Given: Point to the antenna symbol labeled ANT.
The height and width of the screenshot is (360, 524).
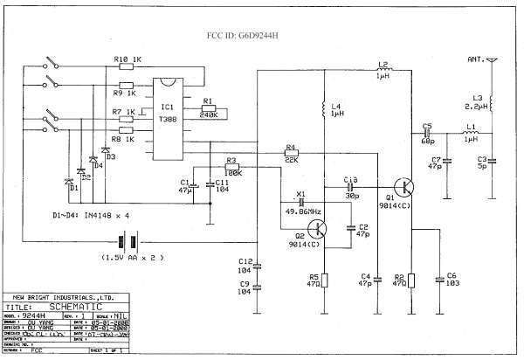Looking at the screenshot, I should click(x=491, y=62).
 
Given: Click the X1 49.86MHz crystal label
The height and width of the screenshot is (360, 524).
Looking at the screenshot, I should click(x=303, y=211).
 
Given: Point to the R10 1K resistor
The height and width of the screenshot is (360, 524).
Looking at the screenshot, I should click(x=127, y=65).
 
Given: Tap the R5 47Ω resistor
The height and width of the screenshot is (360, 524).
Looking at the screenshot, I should click(x=323, y=280).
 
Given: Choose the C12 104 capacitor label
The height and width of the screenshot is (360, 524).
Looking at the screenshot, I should click(x=245, y=267).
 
